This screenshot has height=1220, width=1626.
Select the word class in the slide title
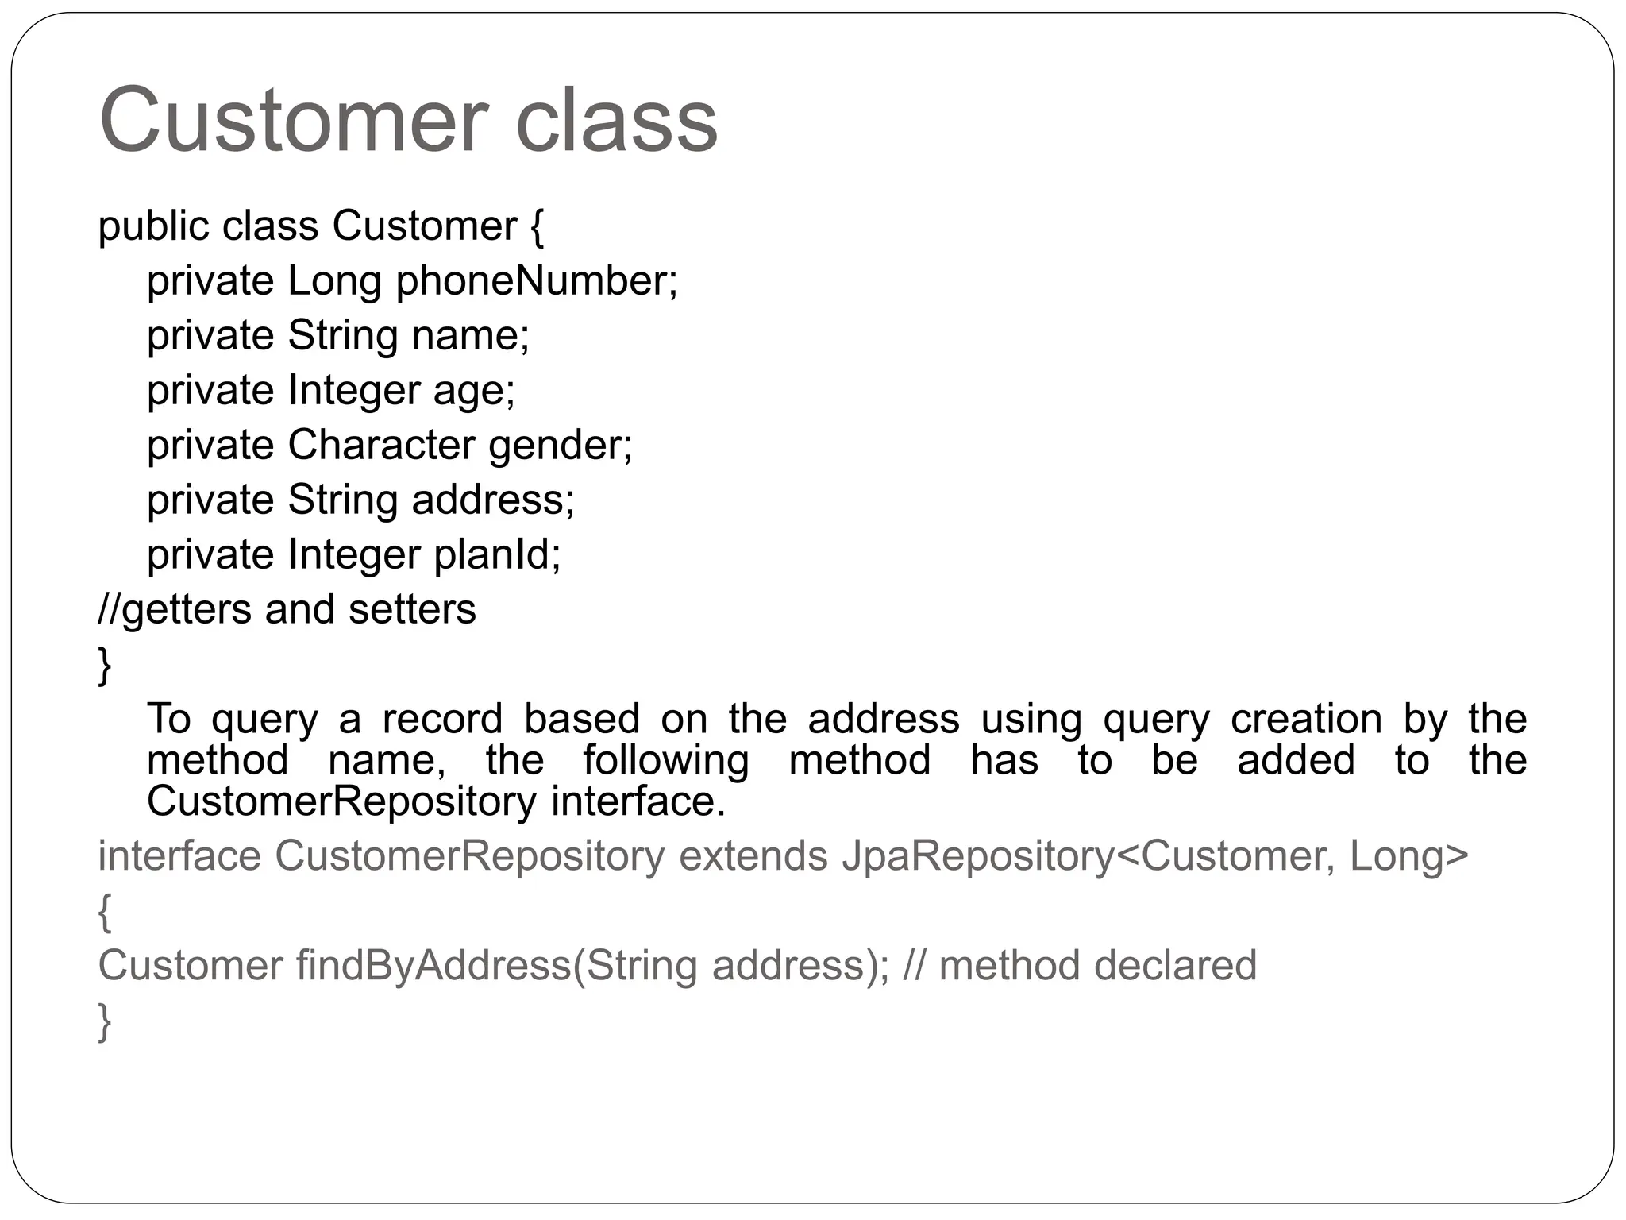pyautogui.click(x=616, y=121)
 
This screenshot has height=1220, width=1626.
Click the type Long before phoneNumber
pyautogui.click(x=334, y=281)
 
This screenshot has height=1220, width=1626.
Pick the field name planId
pyautogui.click(x=495, y=554)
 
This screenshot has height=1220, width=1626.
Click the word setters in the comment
pyautogui.click(x=412, y=610)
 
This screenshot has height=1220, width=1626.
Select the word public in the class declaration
pyautogui.click(x=152, y=226)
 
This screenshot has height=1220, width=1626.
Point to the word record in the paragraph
pyautogui.click(x=442, y=719)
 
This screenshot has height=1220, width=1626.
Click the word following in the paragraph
pyautogui.click(x=665, y=760)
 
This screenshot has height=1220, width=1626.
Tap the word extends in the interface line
pyautogui.click(x=753, y=856)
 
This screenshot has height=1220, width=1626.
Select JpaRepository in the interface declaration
pyautogui.click(x=978, y=856)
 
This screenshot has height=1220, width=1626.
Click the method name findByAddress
pyautogui.click(x=433, y=966)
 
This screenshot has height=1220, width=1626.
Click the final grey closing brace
pyautogui.click(x=104, y=1022)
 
